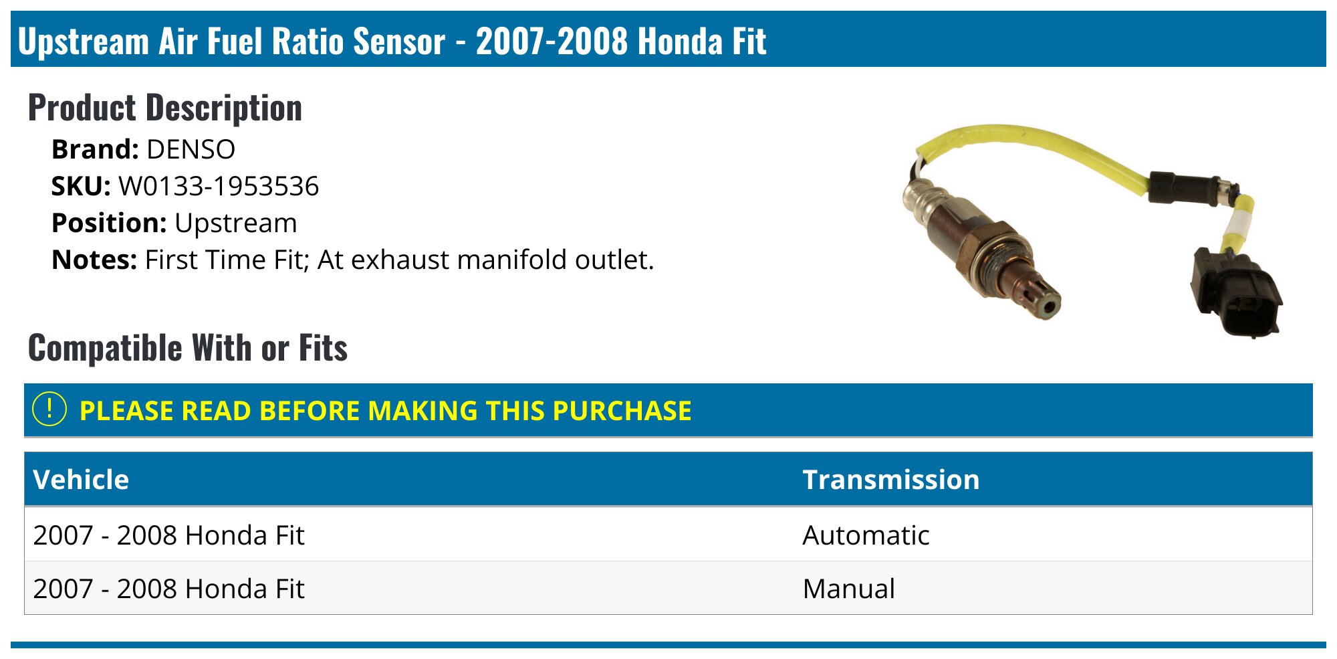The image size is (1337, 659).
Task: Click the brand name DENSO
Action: [191, 149]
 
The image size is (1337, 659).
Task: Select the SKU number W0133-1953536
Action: [219, 186]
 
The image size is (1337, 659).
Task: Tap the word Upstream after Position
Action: [235, 223]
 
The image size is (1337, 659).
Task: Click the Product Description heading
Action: [165, 108]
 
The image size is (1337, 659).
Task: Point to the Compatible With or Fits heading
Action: [188, 348]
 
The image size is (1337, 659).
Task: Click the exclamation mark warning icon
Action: [49, 409]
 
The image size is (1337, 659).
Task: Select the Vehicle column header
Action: [81, 480]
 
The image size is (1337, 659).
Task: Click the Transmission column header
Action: [890, 480]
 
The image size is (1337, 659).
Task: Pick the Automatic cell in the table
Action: [866, 535]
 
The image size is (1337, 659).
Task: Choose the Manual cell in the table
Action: [848, 589]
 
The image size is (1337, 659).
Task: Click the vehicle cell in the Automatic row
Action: [168, 535]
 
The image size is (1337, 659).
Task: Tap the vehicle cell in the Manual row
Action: [168, 589]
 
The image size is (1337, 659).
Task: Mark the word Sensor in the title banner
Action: [399, 41]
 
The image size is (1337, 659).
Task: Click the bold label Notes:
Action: [94, 260]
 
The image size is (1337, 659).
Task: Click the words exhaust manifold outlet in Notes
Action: [501, 260]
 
